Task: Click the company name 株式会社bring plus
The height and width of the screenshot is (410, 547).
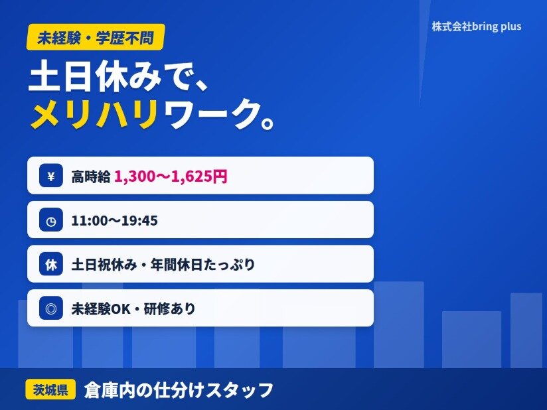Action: (477, 27)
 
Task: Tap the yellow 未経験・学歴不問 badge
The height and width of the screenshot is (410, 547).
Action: (96, 37)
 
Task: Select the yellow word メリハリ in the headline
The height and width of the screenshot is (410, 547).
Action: (94, 114)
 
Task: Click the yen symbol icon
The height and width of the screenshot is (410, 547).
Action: (51, 175)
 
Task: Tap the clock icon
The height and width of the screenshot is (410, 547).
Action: (51, 220)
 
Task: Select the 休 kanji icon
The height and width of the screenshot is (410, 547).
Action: (51, 264)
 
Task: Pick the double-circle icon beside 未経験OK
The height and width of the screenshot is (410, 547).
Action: (51, 308)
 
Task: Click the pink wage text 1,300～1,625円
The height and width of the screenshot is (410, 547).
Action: (171, 176)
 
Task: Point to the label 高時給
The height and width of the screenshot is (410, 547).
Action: (91, 176)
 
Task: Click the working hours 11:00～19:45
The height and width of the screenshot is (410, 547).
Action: (114, 220)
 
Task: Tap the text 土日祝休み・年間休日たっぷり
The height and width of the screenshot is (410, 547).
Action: (163, 265)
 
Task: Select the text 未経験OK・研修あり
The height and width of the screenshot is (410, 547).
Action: (133, 308)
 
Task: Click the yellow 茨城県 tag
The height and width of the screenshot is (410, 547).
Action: (50, 389)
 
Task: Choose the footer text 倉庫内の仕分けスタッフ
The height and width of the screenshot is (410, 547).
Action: (179, 390)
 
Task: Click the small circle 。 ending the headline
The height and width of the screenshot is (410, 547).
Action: (268, 123)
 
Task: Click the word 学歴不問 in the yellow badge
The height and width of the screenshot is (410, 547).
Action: (125, 38)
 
